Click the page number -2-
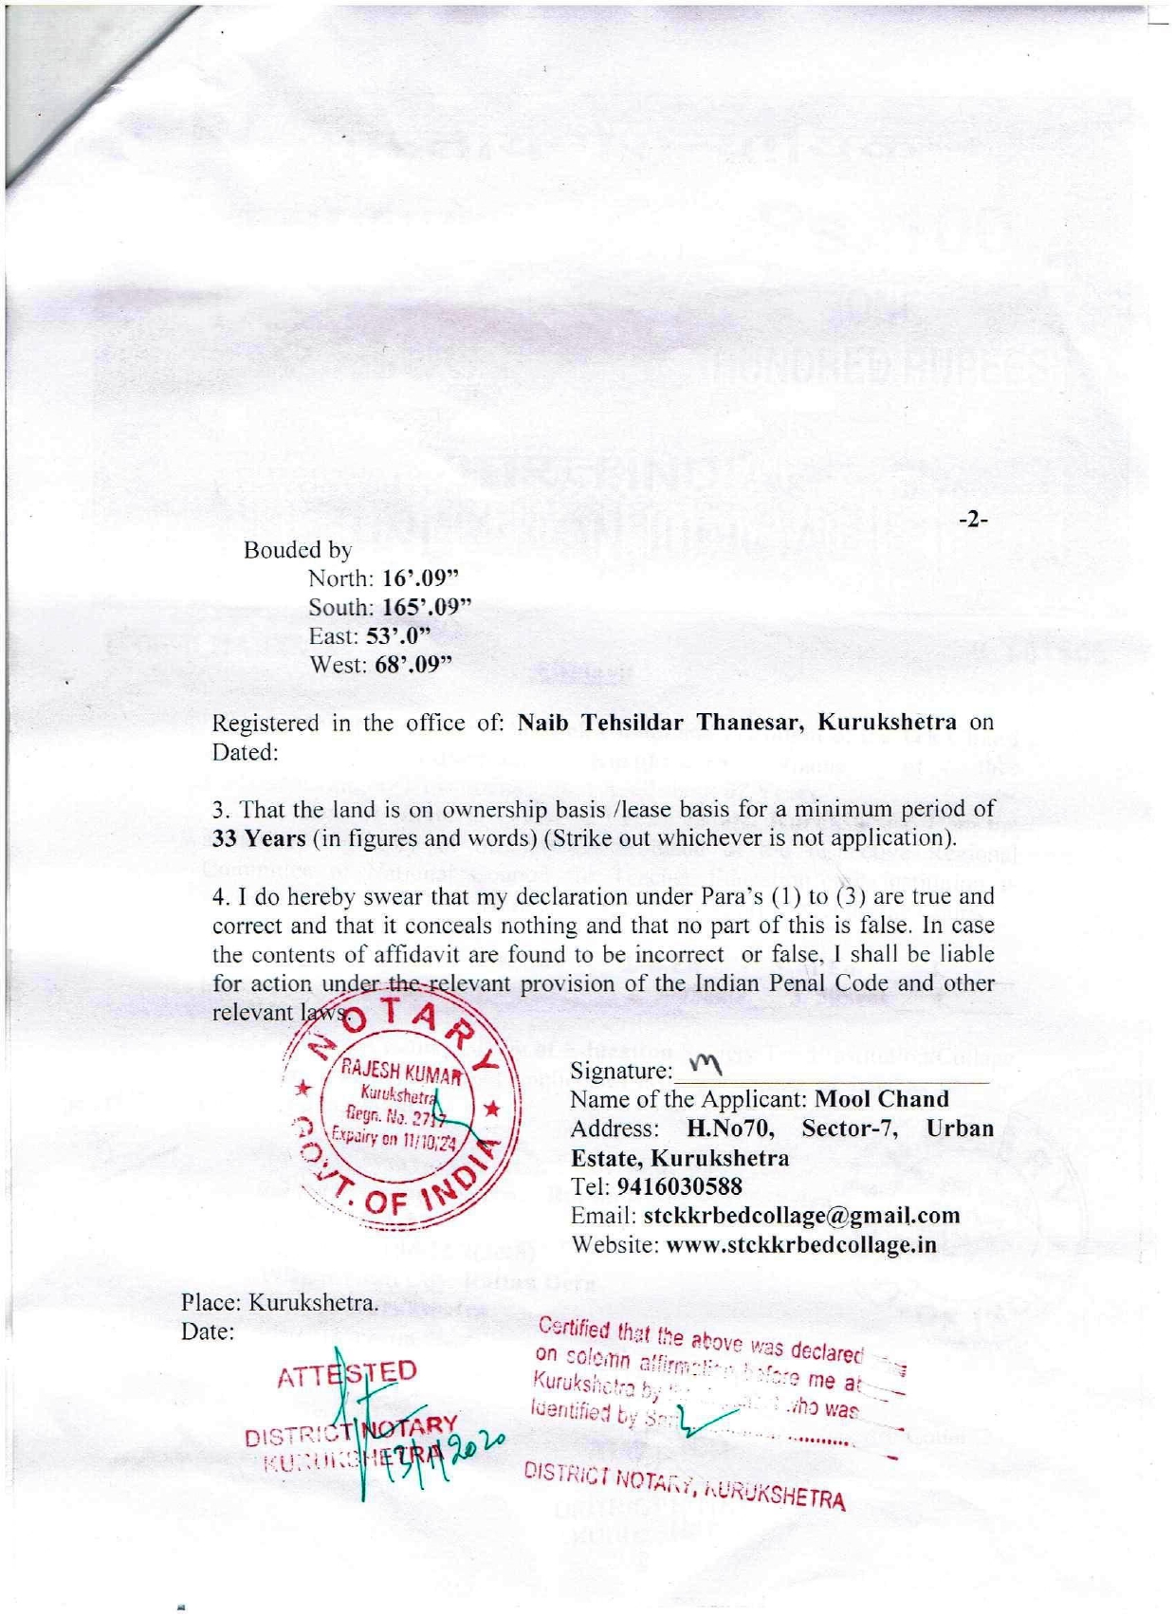pos(973,520)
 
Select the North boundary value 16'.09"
pos(421,578)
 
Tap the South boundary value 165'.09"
pos(427,607)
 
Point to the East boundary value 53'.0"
pos(398,635)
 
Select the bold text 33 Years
pos(259,838)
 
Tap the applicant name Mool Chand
pos(882,1100)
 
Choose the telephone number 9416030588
pos(679,1187)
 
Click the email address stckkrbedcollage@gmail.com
pos(801,1216)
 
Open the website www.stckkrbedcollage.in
pos(801,1245)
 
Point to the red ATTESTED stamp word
pos(347,1374)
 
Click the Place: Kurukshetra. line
pos(280,1303)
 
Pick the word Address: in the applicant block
pos(614,1129)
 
